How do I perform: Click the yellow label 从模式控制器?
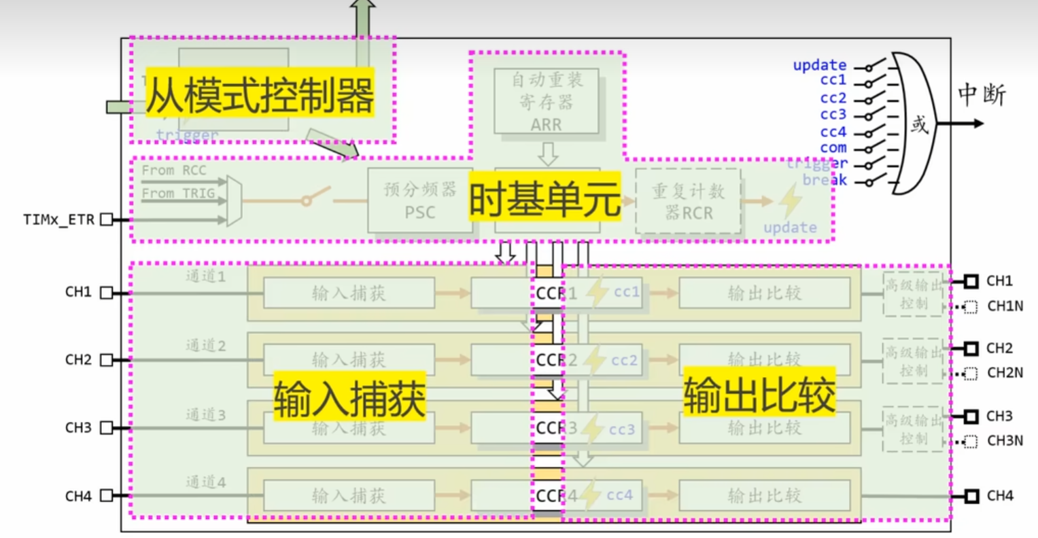pos(260,94)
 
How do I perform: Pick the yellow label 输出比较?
pos(759,394)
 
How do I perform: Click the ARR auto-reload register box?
pos(547,101)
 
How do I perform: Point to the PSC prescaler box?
pos(419,201)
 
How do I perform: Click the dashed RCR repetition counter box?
pos(688,202)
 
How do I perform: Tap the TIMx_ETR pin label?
pos(58,220)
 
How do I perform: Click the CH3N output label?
pos(1005,441)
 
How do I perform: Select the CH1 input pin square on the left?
pos(107,293)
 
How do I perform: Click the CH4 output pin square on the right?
pos(971,497)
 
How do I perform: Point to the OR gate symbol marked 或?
pos(918,124)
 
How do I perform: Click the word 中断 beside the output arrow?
pos(981,95)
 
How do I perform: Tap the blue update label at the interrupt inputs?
pos(819,65)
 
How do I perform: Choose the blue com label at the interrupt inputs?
pos(833,147)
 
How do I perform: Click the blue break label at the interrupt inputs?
pos(825,180)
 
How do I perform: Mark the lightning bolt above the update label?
pos(790,201)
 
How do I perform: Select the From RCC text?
pos(173,171)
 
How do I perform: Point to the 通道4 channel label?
pos(205,482)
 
